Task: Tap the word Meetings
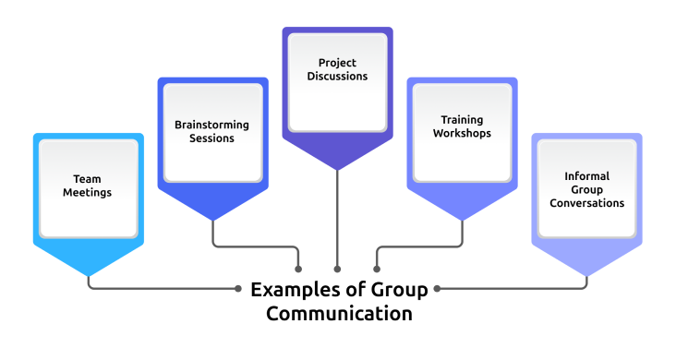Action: [89, 194]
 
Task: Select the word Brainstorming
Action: [212, 125]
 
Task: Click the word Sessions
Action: [212, 138]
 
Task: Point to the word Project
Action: [337, 63]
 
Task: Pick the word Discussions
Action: [337, 77]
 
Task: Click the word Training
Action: [462, 119]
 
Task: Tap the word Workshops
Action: [462, 133]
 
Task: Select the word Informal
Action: [587, 175]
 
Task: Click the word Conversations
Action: [587, 203]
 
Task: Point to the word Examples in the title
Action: [290, 290]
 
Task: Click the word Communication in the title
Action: [339, 314]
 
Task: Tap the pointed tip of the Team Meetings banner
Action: [89, 274]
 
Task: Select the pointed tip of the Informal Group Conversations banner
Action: [587, 274]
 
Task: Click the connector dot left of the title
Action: [237, 288]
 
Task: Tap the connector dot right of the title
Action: [438, 288]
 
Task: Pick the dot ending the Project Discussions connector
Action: [337, 269]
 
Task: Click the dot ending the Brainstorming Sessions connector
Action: [299, 269]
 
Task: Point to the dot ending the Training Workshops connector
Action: [376, 269]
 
